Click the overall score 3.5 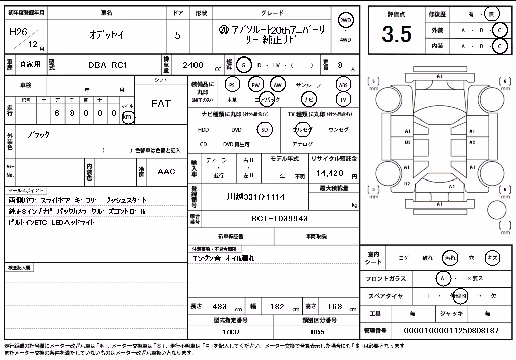(397, 34)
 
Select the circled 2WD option (345, 21)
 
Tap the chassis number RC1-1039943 (280, 219)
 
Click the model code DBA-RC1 (108, 65)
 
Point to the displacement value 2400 (193, 65)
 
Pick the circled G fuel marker (243, 65)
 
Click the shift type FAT (161, 104)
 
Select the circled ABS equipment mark (343, 85)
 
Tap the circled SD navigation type (265, 130)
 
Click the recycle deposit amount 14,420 (330, 173)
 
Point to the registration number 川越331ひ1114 (255, 197)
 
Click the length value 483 (220, 307)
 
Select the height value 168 (335, 307)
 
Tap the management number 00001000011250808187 (451, 330)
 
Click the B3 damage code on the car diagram (408, 142)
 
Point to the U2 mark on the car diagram (407, 184)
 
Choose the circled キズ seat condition (492, 258)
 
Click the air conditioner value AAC (166, 171)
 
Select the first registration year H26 (19, 32)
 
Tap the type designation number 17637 (231, 332)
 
